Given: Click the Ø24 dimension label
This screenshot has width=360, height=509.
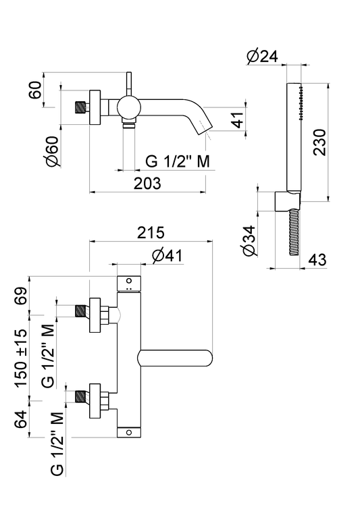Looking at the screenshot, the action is [262, 57].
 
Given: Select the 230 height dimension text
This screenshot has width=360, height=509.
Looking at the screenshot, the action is [319, 142].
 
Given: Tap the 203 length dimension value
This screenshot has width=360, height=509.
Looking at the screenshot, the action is [147, 184].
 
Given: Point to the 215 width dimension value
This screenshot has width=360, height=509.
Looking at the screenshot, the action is [151, 233].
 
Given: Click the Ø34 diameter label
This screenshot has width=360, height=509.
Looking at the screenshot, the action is [249, 240].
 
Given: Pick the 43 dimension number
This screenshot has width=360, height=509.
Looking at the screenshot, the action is [317, 260].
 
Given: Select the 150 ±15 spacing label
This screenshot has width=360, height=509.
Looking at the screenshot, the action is [22, 358].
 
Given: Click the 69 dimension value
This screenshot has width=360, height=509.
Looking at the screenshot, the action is [22, 296].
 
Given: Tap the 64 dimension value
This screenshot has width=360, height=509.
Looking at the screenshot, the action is [22, 419].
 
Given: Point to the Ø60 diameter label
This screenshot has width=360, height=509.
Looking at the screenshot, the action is [53, 152].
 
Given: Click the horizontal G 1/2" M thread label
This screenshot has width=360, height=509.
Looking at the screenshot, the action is [178, 161].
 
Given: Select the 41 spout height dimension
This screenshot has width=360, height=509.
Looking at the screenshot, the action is [238, 119].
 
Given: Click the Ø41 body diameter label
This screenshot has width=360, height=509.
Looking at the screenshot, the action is [167, 256].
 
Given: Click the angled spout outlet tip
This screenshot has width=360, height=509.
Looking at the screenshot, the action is [205, 128].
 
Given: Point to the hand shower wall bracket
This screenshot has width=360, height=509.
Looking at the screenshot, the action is [287, 202].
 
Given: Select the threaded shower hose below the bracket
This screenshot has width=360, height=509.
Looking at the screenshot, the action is [293, 232].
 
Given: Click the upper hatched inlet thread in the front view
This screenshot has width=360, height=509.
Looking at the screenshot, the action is [80, 311].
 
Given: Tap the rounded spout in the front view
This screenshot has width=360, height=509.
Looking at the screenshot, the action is [176, 358].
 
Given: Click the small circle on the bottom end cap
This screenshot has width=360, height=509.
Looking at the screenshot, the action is [129, 432].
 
